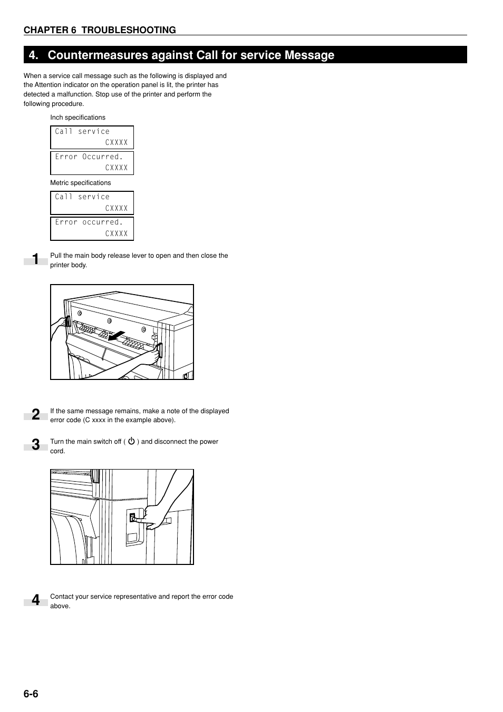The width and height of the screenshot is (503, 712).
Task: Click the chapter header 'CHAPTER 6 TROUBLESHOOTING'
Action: click(100, 30)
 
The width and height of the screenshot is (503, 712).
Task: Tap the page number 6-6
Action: click(31, 694)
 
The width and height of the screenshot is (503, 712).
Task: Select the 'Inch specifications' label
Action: click(78, 118)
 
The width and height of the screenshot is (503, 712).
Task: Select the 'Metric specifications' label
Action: click(80, 183)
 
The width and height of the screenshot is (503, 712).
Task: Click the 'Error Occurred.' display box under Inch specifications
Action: click(92, 163)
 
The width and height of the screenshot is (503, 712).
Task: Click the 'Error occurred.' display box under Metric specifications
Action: click(92, 228)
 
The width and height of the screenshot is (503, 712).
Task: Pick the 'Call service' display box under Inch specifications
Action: click(92, 137)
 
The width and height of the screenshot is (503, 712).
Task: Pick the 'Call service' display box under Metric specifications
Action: click(92, 202)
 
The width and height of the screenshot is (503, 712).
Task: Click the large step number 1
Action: click(35, 259)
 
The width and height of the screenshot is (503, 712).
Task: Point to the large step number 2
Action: click(35, 415)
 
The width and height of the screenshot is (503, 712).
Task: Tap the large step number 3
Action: click(35, 445)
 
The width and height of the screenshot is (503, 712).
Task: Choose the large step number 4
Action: click(35, 600)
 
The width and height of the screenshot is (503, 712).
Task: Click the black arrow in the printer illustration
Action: click(115, 336)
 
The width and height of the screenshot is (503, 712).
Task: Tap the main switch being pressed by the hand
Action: click(133, 518)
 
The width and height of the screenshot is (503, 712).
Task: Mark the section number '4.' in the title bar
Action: click(34, 55)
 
